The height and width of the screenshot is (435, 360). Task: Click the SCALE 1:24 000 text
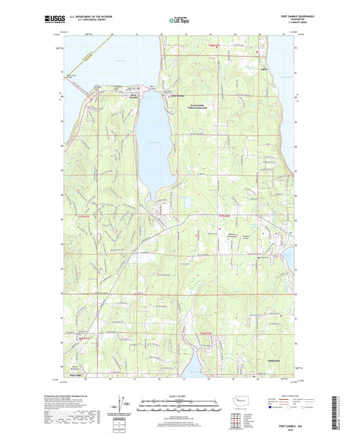180,394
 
